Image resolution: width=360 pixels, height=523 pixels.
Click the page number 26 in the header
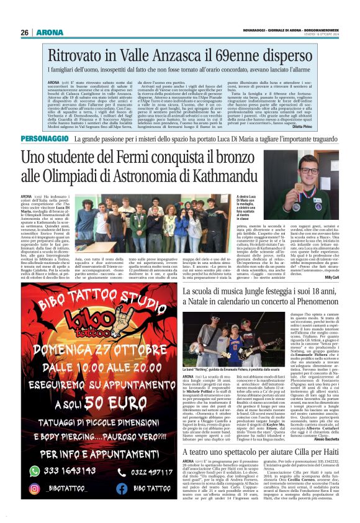click(24, 32)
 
